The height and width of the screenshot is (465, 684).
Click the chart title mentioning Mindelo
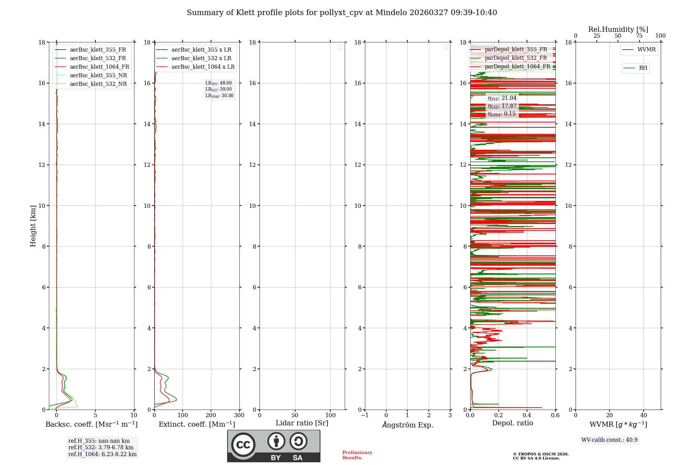342,13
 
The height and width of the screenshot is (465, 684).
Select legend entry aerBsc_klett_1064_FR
99,67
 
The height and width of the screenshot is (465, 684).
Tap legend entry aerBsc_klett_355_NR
98,75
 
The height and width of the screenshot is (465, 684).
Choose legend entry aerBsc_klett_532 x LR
201,58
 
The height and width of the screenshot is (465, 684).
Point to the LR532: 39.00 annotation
219,89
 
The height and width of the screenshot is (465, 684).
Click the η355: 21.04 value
502,98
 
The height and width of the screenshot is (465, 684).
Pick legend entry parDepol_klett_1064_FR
517,66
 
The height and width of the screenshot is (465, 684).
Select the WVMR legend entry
646,50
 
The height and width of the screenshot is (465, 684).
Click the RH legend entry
643,68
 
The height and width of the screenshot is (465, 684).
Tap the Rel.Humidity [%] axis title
618,29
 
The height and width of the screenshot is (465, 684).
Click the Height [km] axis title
33,226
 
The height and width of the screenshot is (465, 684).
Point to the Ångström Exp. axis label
407,425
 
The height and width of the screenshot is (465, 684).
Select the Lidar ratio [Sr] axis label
302,423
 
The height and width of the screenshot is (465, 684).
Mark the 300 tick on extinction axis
239,415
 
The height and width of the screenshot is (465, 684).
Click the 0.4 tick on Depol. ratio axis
527,415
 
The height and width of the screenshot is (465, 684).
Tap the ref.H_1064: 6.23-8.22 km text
102,454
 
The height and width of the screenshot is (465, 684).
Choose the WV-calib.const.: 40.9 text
609,440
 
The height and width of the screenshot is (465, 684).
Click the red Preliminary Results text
357,455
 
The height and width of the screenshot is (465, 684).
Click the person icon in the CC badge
276,441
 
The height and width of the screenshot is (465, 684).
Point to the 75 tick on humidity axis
639,36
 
